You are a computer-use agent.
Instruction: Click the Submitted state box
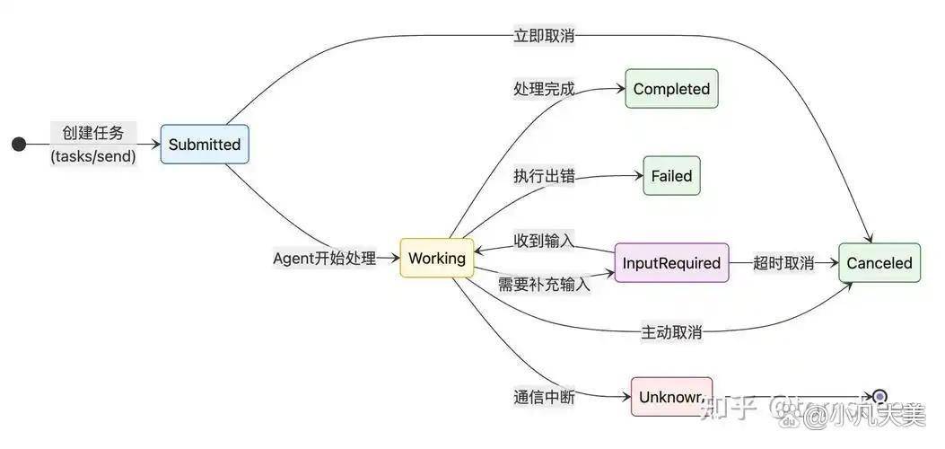coord(205,144)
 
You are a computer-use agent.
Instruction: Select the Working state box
coord(437,258)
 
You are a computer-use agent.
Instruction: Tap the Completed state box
coord(671,89)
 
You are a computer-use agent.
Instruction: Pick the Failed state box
coord(671,176)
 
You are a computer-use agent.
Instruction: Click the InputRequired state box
coord(671,263)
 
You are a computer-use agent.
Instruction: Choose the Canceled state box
coord(879,263)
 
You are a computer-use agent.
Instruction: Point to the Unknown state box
coord(671,396)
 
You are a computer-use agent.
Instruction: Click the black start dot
coord(19,145)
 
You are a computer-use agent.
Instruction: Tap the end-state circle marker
coord(879,396)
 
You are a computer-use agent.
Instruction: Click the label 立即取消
coord(544,36)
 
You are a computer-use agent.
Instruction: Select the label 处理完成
coord(544,89)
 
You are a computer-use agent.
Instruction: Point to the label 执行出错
coord(544,176)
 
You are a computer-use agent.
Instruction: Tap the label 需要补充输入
coord(544,285)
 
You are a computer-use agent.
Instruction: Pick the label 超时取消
coord(783,263)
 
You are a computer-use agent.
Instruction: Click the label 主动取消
coord(671,332)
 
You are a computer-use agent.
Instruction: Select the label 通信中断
coord(544,397)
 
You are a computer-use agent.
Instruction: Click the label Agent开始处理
coord(324,259)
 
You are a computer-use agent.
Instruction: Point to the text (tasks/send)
coord(93,156)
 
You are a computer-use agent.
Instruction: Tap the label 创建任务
coord(93,133)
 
